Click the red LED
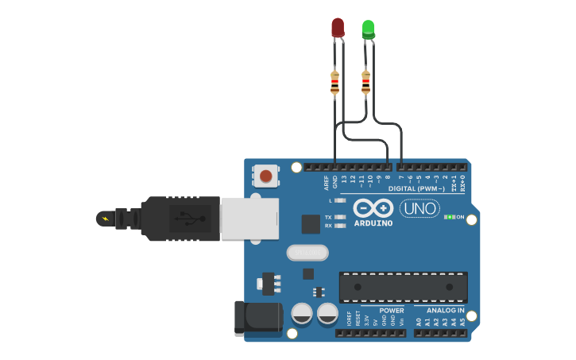338,28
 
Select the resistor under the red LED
334,82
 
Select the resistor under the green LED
365,82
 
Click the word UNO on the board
419,209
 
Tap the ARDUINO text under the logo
373,223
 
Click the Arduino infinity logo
373,208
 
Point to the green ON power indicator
450,216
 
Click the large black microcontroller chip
403,287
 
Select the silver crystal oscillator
307,253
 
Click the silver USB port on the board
249,219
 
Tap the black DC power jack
258,318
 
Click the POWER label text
391,311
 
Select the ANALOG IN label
446,311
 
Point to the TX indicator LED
341,217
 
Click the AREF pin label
326,183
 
